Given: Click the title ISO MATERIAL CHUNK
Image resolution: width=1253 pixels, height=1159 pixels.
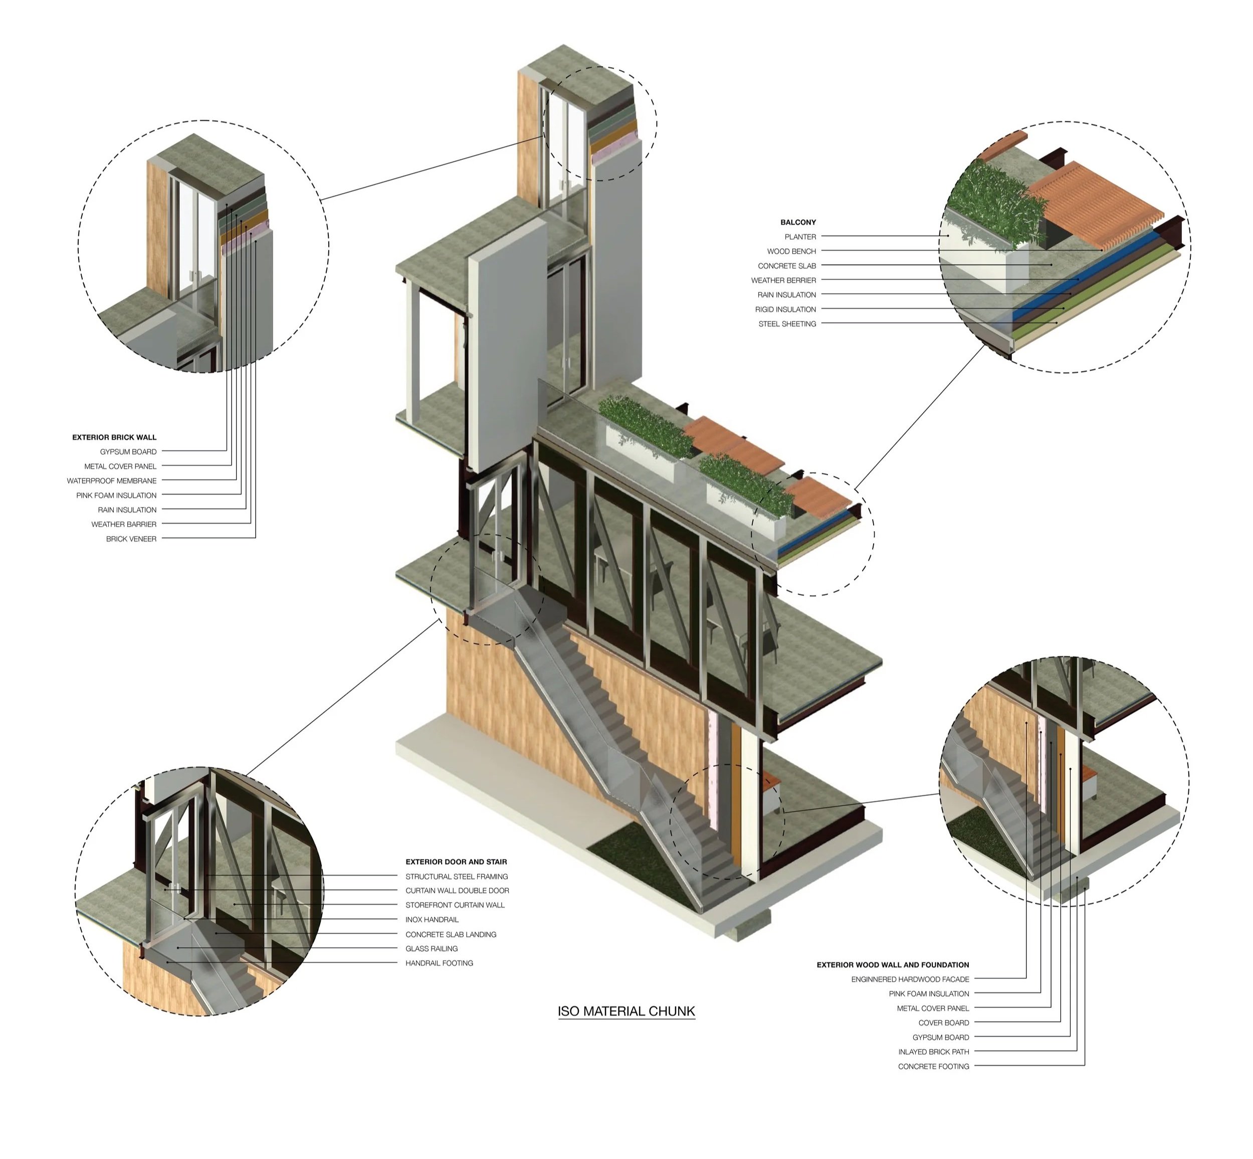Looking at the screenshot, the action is coord(626,1011).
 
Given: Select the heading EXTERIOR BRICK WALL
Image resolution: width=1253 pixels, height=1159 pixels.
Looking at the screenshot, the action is coord(114,437).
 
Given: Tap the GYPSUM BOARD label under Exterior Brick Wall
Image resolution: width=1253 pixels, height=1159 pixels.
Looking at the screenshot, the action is coord(128,451).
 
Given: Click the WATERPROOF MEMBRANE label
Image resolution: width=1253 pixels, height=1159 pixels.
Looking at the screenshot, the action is coord(112,481).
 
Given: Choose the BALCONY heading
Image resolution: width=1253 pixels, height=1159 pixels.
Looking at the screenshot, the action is coord(798,222).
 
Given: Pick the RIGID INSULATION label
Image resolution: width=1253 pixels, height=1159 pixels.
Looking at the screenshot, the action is coord(785,310).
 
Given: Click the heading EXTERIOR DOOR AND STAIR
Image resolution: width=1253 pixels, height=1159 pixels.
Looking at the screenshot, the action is coord(456,862).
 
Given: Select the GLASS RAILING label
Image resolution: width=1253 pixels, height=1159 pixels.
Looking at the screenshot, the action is coord(431,949).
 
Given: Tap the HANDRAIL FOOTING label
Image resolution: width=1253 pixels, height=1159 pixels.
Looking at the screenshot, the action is coord(439,963).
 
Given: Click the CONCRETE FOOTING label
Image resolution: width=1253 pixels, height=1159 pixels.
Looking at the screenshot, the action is coord(933,1067).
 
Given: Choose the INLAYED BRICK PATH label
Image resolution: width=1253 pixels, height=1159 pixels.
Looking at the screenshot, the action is coord(933,1052).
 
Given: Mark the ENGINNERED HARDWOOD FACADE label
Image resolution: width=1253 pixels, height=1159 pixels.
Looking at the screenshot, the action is coord(910,979).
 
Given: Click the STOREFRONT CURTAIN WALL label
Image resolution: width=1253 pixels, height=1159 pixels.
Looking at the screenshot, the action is coord(455,906).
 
